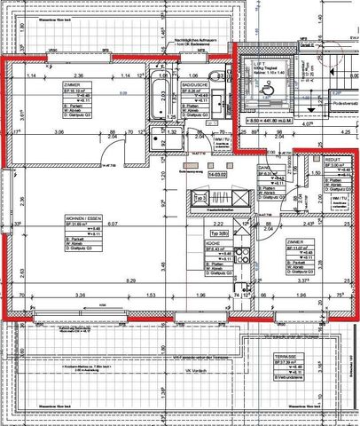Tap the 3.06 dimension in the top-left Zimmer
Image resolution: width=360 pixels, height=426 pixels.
tap(59, 131)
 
